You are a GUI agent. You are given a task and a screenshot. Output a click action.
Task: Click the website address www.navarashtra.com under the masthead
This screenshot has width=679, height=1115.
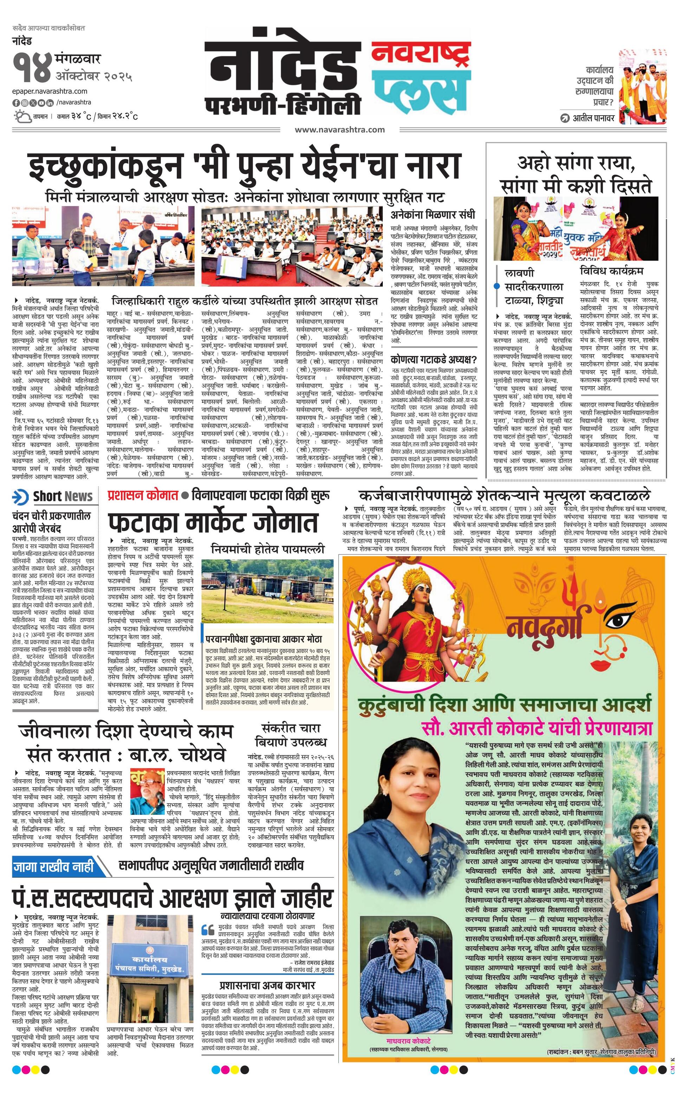pyautogui.click(x=340, y=130)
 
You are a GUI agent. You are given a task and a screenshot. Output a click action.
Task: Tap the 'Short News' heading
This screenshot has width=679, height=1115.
pyautogui.click(x=63, y=496)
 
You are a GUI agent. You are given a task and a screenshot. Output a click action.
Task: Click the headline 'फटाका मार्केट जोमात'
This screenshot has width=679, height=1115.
pyautogui.click(x=213, y=523)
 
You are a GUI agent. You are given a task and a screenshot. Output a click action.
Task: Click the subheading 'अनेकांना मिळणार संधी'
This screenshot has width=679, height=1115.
pyautogui.click(x=433, y=214)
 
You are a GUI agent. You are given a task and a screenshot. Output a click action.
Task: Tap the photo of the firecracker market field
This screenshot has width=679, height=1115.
pyautogui.click(x=267, y=587)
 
